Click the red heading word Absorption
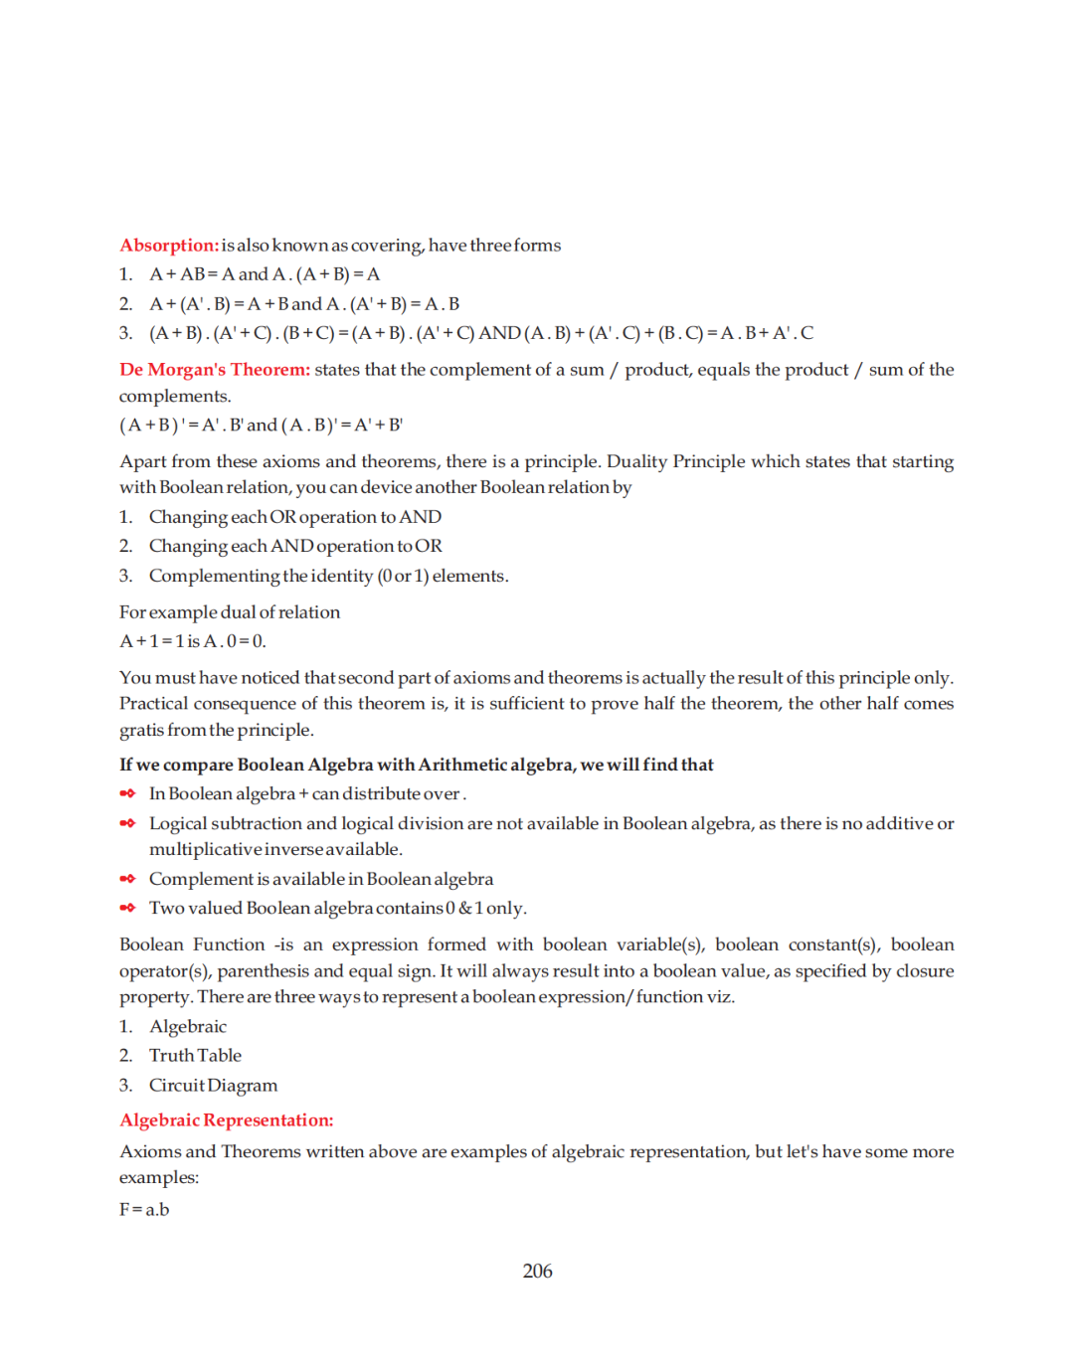[x=168, y=246]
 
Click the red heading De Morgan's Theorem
[x=214, y=370]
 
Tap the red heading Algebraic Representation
[x=226, y=1120]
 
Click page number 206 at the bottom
[x=537, y=1272]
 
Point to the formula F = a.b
[x=144, y=1210]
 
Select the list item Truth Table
[x=195, y=1056]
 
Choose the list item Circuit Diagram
[x=213, y=1086]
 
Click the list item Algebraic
[x=188, y=1027]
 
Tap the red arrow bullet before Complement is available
[x=127, y=879]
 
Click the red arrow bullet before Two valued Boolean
[x=127, y=908]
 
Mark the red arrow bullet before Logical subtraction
[x=127, y=823]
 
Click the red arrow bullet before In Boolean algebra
[x=127, y=793]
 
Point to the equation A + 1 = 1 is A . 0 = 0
[x=193, y=641]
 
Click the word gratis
[x=141, y=730]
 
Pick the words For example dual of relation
[x=230, y=612]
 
